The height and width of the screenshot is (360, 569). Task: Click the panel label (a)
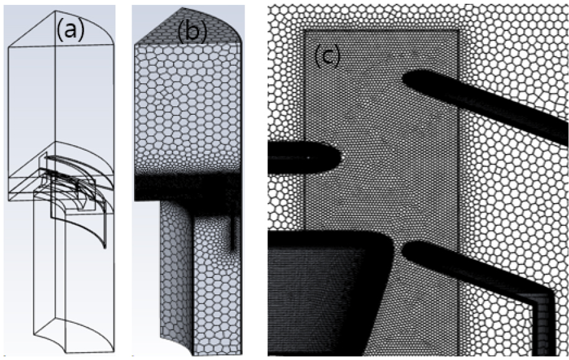70,30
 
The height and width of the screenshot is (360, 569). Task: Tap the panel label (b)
192,32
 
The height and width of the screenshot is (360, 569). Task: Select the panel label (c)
327,56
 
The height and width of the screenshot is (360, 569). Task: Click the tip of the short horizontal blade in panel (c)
339,157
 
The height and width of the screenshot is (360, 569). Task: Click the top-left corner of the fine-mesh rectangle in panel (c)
304,30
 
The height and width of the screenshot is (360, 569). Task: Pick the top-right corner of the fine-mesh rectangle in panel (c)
459,30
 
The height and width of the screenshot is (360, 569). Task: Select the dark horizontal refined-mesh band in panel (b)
187,187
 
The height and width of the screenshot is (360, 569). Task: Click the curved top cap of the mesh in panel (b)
189,27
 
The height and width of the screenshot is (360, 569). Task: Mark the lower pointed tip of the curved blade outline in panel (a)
104,247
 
